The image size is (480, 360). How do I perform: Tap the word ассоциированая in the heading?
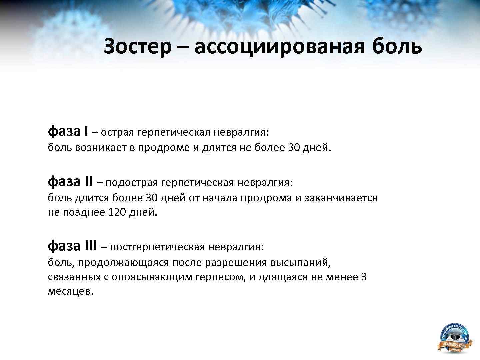point(280,46)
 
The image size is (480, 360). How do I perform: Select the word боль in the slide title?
point(397,46)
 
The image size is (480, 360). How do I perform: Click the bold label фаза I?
point(68,132)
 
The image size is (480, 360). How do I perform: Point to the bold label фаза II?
point(70,182)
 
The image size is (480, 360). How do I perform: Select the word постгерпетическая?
point(157,247)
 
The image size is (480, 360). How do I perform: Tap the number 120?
point(118,212)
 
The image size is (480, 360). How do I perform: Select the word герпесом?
point(221,277)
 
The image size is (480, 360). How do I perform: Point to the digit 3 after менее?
point(364,277)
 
